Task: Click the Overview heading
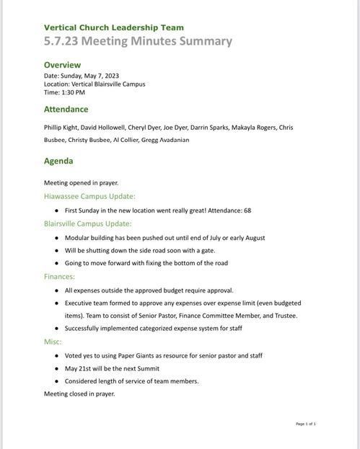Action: (x=62, y=65)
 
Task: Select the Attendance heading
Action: (x=66, y=110)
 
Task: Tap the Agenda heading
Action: (x=58, y=161)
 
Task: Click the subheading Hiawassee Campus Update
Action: (x=89, y=196)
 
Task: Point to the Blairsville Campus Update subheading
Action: (x=88, y=223)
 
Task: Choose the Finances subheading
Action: (x=59, y=277)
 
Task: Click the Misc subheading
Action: (x=53, y=342)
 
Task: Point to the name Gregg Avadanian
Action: (x=167, y=140)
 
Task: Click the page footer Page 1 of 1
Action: (x=306, y=424)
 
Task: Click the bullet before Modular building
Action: (x=56, y=237)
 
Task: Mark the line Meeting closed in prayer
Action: (x=79, y=394)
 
